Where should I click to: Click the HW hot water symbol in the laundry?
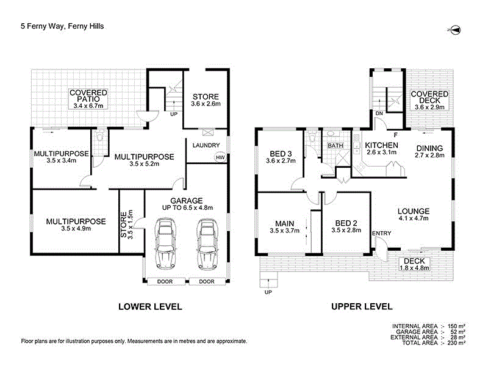coord(219,157)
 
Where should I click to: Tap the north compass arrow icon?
coord(454,30)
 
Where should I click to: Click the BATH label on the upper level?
coord(335,146)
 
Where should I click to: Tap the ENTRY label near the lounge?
coord(381,234)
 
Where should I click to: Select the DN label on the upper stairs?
coord(379,113)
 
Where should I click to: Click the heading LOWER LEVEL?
coord(150,307)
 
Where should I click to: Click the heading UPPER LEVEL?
coord(362,307)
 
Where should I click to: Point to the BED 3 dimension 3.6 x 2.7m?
coord(281,162)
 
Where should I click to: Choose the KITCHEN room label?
coord(381,145)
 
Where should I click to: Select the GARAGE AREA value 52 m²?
coord(459,332)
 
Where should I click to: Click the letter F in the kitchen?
coord(396,134)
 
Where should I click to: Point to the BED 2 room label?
coord(344,223)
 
